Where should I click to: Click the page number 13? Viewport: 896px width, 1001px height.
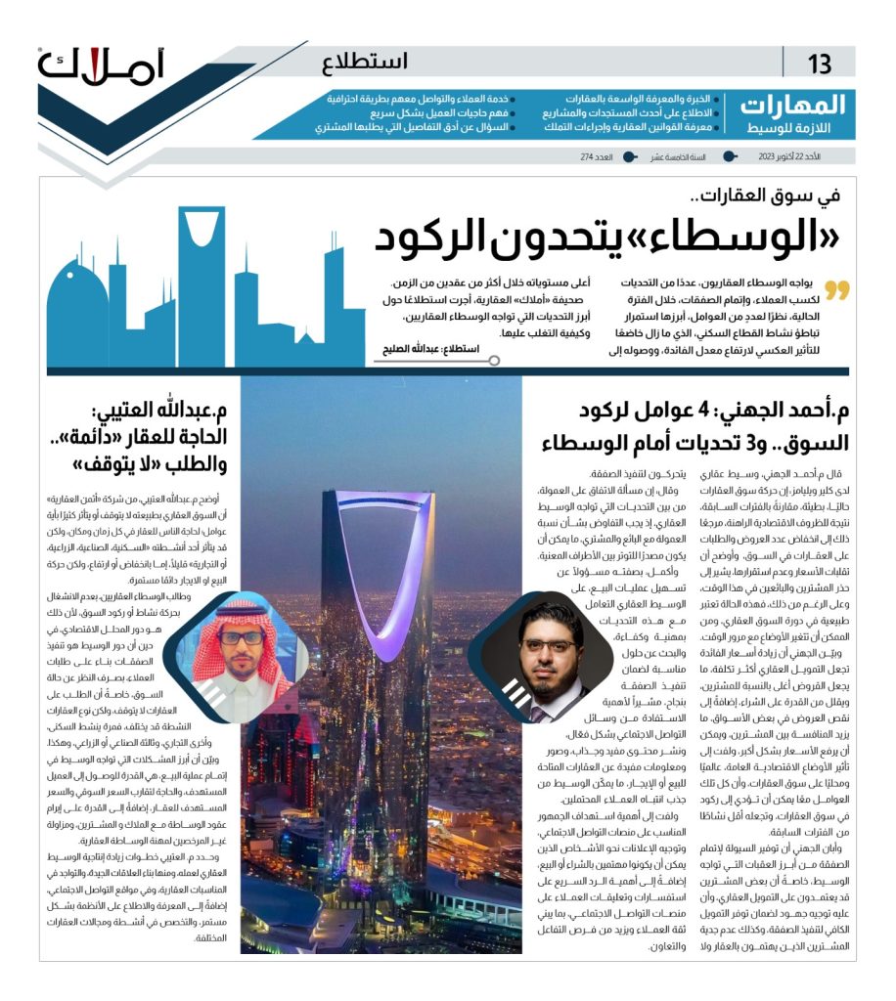pos(819,64)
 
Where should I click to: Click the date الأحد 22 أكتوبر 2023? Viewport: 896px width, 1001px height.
pos(788,156)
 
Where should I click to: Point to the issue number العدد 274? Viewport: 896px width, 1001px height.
pos(595,156)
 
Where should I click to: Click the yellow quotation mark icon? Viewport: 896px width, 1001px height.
pos(837,290)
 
